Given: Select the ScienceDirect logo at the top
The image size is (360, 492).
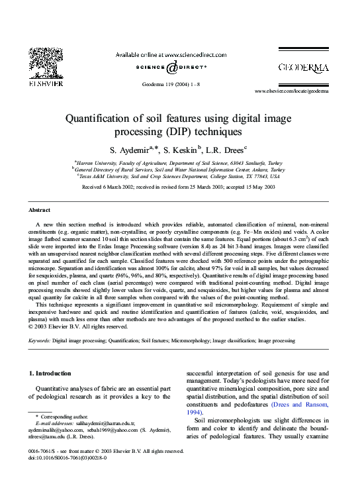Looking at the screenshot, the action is click(x=171, y=67).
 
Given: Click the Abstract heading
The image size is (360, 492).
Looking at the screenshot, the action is click(x=40, y=210).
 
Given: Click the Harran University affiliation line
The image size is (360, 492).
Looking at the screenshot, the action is click(x=179, y=162).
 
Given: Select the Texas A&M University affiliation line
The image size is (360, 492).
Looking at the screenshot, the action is click(x=179, y=176).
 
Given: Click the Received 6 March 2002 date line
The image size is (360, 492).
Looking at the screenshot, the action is click(x=179, y=187).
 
